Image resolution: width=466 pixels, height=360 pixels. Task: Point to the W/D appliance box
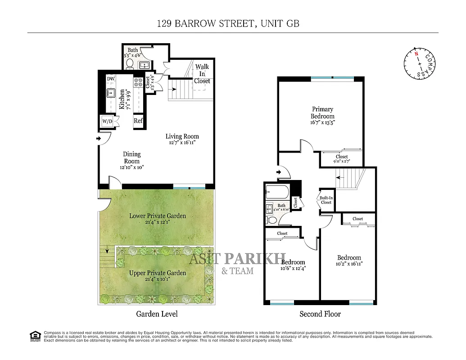107,121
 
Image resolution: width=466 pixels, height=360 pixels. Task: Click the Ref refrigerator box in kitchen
138,121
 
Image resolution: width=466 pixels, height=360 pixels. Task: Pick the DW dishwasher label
111,79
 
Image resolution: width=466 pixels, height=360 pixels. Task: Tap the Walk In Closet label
202,74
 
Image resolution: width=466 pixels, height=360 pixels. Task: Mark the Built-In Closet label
326,200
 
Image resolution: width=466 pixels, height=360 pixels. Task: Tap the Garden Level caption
157,314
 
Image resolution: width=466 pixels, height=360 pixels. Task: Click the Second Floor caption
320,314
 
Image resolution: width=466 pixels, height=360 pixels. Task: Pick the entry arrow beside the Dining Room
99,139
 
